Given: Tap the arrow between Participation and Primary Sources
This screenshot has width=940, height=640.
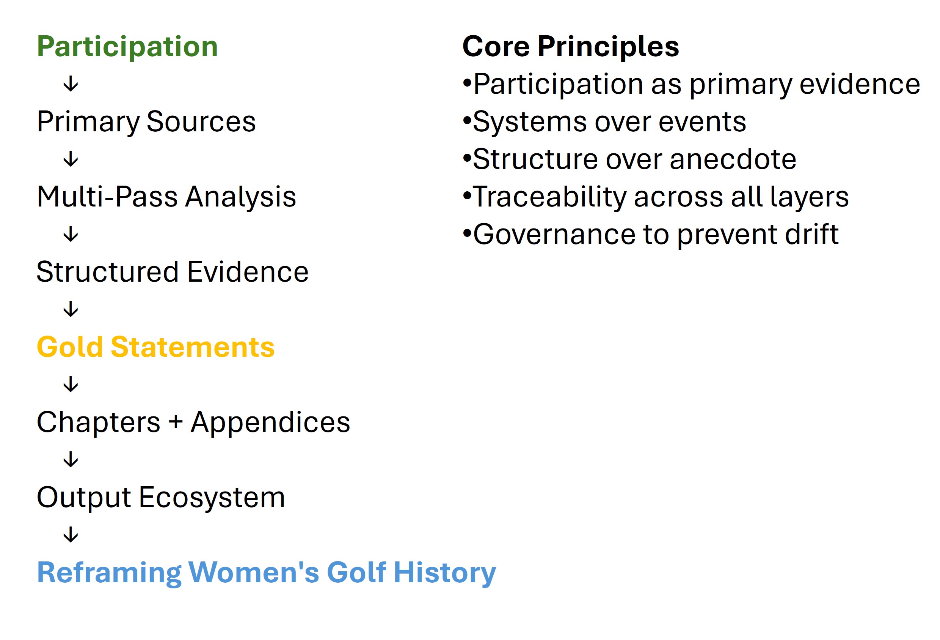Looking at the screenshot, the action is (x=71, y=84).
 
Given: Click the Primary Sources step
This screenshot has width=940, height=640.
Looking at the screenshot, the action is (x=146, y=122).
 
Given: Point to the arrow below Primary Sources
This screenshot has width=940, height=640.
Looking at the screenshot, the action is (x=71, y=159).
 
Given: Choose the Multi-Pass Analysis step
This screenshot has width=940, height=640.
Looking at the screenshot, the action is (x=166, y=197).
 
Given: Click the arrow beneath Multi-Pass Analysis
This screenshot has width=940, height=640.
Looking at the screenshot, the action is (x=71, y=234).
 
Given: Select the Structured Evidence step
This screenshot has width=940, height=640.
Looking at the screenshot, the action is (x=172, y=272).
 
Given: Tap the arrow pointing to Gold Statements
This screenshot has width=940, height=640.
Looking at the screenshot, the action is (x=71, y=309).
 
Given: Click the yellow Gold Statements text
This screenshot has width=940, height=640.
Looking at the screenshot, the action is (x=156, y=347).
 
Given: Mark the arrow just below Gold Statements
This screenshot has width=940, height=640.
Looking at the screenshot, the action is (x=71, y=384).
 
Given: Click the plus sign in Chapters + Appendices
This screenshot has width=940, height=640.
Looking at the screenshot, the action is (x=176, y=422).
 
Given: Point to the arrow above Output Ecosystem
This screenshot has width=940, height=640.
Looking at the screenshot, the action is (x=71, y=459).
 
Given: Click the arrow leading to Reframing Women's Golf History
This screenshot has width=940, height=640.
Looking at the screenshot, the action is (x=71, y=534).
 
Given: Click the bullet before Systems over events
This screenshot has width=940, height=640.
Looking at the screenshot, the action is (x=467, y=120).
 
